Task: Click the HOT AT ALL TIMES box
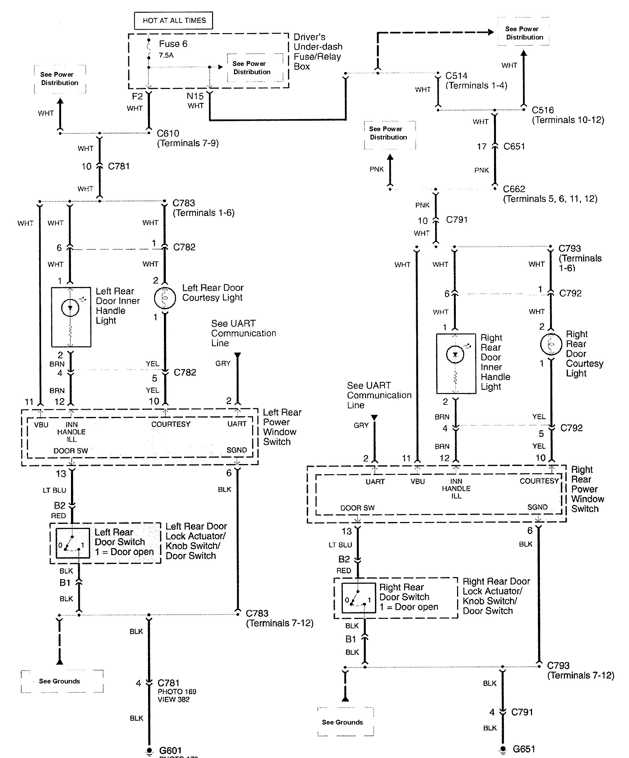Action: tap(173, 21)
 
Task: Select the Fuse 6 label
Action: tap(173, 44)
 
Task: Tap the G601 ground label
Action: tap(170, 751)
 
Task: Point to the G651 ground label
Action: tap(524, 749)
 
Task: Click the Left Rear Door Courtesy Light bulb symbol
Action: tap(165, 297)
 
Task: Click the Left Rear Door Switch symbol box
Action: tap(73, 543)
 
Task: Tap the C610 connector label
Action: tap(168, 133)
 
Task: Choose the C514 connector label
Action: tap(456, 76)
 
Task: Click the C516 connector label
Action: tap(542, 110)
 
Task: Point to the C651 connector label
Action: tap(514, 147)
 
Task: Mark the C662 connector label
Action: tap(514, 189)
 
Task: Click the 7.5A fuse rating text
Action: tap(166, 55)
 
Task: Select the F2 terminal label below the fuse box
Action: tap(137, 97)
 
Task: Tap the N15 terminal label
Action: tap(195, 97)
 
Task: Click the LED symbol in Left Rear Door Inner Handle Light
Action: tap(70, 308)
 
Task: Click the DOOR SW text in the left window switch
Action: tap(70, 451)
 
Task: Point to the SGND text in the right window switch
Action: tap(537, 507)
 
